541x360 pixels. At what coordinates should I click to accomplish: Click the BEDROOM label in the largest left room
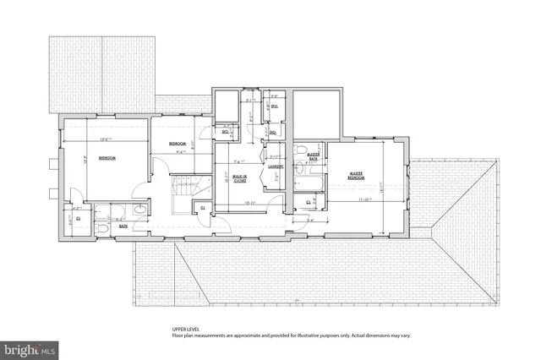(107, 158)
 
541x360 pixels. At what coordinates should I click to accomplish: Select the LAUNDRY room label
(275, 166)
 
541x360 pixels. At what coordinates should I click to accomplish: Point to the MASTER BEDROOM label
(356, 176)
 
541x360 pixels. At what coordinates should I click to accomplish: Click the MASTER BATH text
(313, 155)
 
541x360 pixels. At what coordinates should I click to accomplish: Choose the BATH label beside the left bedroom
(123, 226)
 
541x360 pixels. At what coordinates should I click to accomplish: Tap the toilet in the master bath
(302, 152)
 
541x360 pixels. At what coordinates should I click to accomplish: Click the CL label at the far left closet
(78, 218)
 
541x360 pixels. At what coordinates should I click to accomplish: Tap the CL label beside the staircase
(202, 208)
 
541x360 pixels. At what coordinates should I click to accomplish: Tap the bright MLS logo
(30, 347)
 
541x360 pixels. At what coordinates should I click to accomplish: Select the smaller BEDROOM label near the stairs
(178, 144)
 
